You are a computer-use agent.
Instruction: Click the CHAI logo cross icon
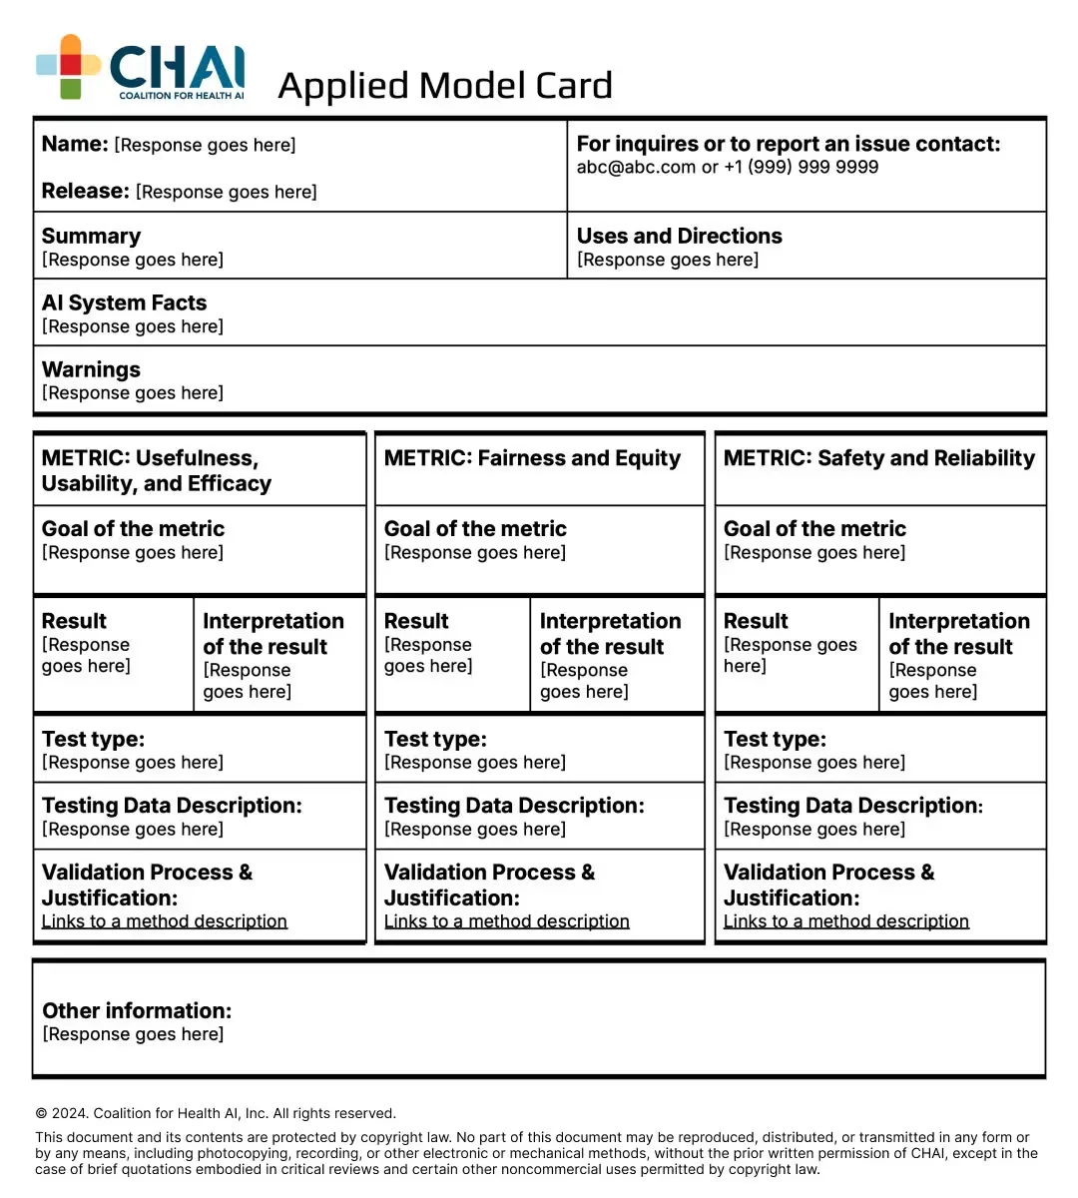click(68, 66)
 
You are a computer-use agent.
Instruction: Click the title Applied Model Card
click(444, 86)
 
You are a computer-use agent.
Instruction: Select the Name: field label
click(75, 144)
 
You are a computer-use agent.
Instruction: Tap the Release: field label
click(86, 191)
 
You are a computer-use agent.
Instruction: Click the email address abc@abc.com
click(636, 168)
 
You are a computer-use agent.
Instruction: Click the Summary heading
click(91, 237)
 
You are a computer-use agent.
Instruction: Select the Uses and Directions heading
click(679, 237)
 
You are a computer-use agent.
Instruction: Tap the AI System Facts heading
click(124, 303)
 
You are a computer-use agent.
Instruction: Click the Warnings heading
click(91, 370)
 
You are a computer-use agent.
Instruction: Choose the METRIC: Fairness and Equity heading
click(532, 458)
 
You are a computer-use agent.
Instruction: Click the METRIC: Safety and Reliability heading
click(878, 458)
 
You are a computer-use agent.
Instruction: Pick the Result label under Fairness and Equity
click(416, 621)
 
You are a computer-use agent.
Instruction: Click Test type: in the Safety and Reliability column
click(775, 740)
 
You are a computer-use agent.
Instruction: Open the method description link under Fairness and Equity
click(507, 921)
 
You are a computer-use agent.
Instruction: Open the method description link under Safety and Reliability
click(846, 921)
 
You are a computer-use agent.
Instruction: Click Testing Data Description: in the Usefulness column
click(172, 806)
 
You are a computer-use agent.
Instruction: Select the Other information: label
click(137, 1011)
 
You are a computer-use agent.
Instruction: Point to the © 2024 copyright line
click(216, 1114)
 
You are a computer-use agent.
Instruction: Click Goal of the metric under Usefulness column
click(133, 529)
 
